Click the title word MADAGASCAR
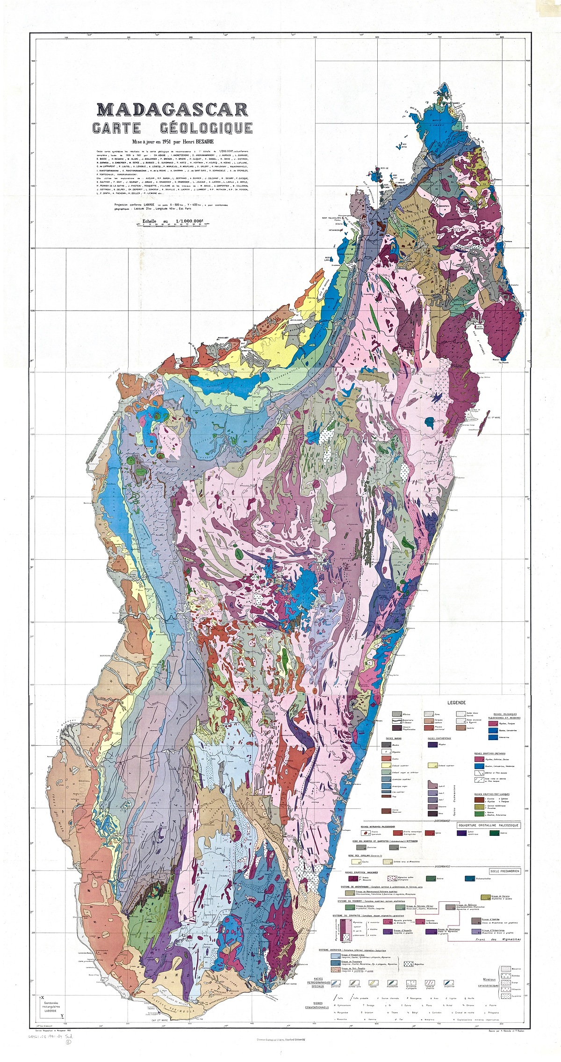coord(172,109)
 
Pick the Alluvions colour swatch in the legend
coord(397,714)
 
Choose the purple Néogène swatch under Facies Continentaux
coord(432,745)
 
